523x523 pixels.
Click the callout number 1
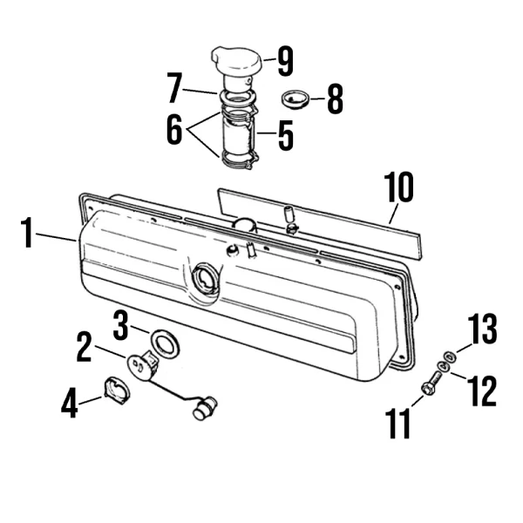(x=27, y=233)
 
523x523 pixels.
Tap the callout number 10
(x=399, y=187)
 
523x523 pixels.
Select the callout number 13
(x=482, y=329)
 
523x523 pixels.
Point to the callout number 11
(x=398, y=424)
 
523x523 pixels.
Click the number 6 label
(x=175, y=129)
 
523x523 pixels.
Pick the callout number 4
(x=70, y=403)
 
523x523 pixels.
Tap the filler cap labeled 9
(x=236, y=63)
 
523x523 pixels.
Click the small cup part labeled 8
(x=295, y=99)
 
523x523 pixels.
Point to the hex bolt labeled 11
(x=431, y=383)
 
